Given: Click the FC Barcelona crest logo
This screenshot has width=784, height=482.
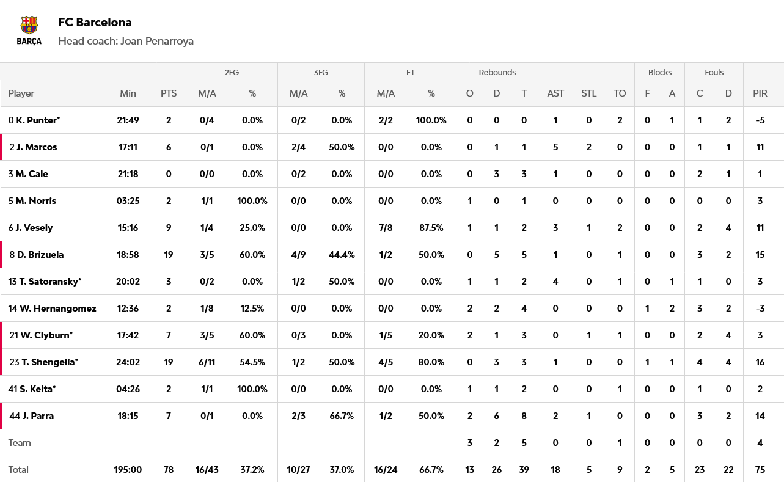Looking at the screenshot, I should tap(29, 31).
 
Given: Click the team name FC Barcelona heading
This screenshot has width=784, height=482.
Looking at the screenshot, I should tap(95, 23).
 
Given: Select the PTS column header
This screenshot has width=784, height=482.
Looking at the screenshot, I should tap(169, 93).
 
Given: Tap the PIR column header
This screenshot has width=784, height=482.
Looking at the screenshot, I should tap(760, 93).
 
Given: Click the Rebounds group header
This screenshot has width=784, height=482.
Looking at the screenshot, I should tap(497, 72).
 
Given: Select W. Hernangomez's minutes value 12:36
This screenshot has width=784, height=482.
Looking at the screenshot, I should tap(128, 309).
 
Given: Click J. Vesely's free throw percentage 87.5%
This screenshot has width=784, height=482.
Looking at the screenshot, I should tap(431, 228).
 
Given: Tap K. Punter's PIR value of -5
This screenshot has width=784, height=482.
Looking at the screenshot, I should tap(760, 120).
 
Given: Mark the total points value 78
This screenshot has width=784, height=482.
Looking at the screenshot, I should tap(169, 470).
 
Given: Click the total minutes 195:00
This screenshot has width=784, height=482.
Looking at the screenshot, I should tap(128, 470).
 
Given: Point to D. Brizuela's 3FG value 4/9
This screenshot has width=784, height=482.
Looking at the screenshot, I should tap(298, 255).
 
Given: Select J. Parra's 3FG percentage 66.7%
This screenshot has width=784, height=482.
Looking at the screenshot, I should tap(342, 416).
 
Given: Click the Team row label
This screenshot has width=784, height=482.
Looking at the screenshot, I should tap(20, 443).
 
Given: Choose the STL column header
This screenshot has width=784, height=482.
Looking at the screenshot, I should tap(588, 93).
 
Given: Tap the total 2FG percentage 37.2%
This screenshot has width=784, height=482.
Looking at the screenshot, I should tap(252, 470).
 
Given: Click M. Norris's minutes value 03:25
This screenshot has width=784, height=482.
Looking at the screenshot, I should tap(128, 201).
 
